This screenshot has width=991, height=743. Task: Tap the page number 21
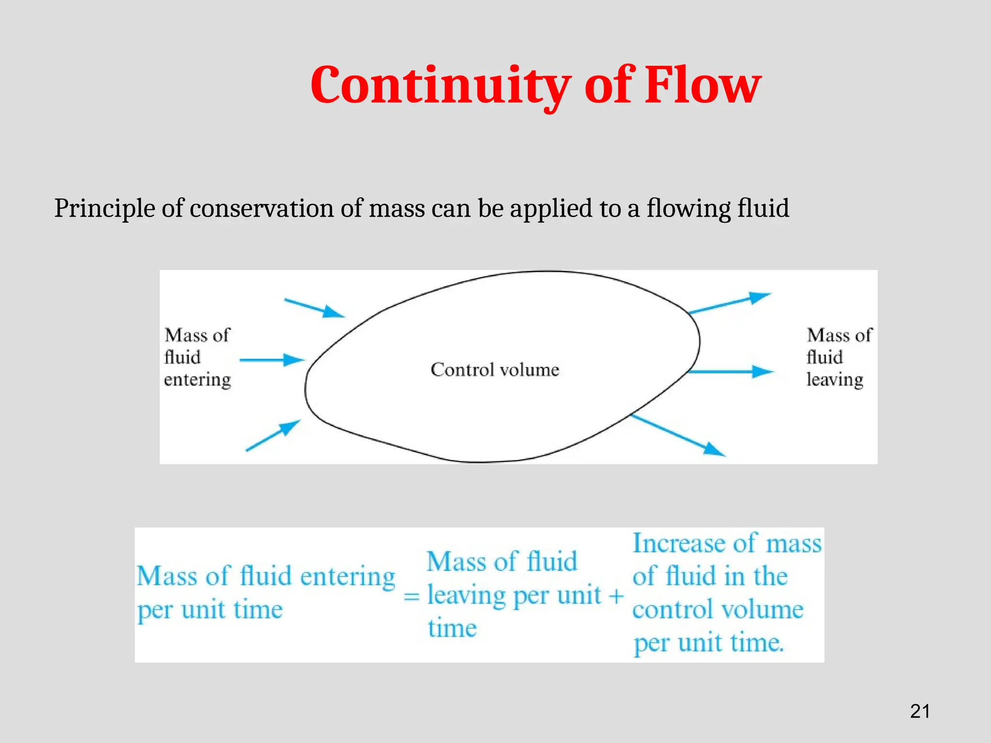(x=920, y=711)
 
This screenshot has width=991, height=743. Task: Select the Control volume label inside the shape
(x=495, y=370)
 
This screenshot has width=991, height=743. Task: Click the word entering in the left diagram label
(x=197, y=380)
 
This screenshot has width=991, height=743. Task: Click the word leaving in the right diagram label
(x=835, y=380)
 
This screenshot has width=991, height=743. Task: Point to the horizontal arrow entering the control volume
(x=272, y=360)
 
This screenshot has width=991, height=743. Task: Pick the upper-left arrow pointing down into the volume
(x=315, y=308)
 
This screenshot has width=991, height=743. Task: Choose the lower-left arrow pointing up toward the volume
(x=273, y=435)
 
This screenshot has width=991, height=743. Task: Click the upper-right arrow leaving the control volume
(x=729, y=303)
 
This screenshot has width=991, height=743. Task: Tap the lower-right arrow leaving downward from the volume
(x=677, y=435)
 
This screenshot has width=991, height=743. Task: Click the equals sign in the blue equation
(x=411, y=596)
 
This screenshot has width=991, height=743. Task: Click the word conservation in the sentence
(x=261, y=209)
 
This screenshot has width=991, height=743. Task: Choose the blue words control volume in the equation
(x=718, y=609)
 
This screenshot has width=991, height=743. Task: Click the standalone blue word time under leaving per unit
(x=452, y=628)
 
